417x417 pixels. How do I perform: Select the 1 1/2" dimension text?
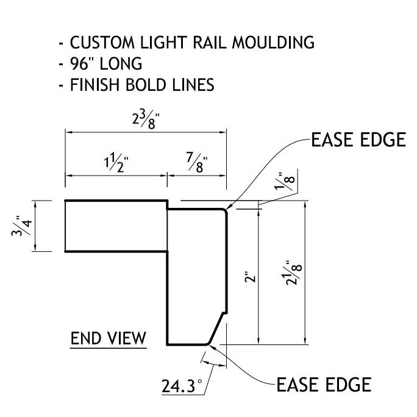point(116,163)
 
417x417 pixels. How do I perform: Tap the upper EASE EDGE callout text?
point(358,140)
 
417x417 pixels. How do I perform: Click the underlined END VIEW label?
point(109,337)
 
